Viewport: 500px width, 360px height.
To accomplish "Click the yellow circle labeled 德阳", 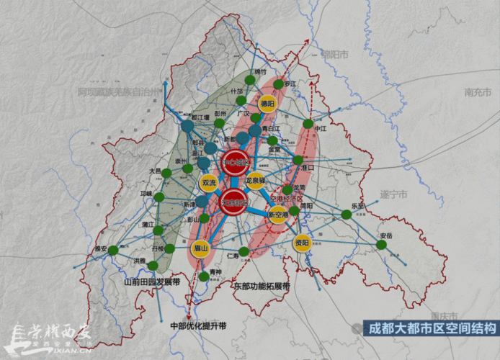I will coord(267,103).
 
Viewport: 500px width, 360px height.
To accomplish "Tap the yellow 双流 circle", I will coord(209,183).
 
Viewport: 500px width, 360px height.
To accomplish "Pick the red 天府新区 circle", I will coord(235,202).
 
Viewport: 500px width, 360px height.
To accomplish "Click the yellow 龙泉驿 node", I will coord(255,179).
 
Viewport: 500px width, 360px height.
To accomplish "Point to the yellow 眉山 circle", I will coord(200,248).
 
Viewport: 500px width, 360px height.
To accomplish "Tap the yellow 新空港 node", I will coord(277,214).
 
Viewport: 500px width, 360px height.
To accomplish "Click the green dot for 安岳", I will coord(381,244).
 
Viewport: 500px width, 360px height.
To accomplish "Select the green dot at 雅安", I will coord(112,249).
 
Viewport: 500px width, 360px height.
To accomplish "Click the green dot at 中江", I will coord(308,124).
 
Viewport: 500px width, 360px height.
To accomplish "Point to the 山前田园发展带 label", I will coord(151,282).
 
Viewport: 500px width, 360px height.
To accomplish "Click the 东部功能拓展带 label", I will coord(261,286).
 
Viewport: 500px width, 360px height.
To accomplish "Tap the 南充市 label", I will coord(477,92).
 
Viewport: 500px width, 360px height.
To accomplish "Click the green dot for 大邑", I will coord(166,173).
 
